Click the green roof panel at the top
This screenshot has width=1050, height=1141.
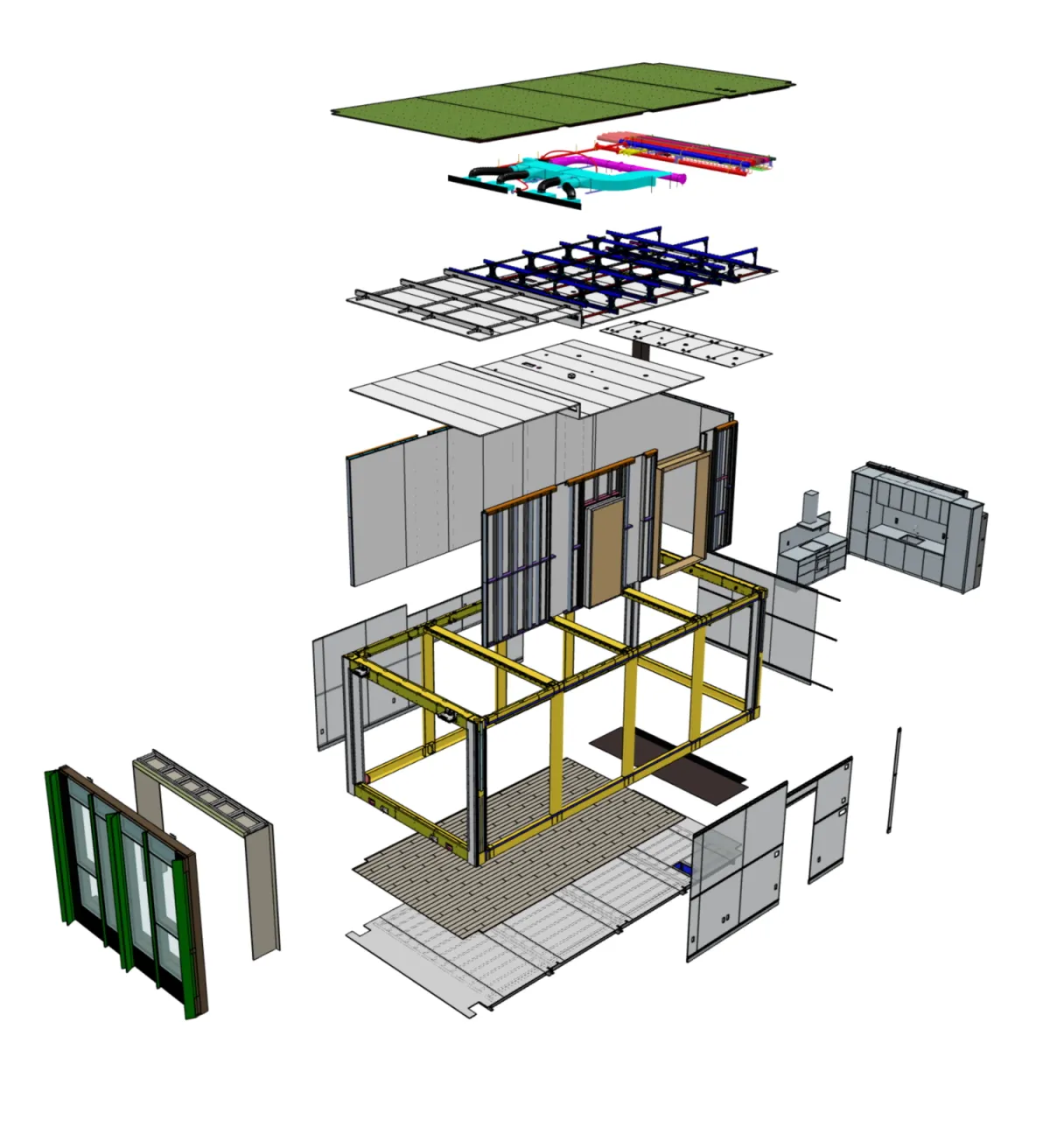coord(560,101)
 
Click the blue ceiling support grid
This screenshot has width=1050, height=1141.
coord(612,262)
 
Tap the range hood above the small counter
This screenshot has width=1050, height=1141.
coord(813,507)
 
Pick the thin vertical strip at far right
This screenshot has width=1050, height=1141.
coord(894,779)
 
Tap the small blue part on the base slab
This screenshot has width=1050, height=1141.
coord(683,869)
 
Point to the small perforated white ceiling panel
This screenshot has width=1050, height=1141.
coord(687,342)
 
